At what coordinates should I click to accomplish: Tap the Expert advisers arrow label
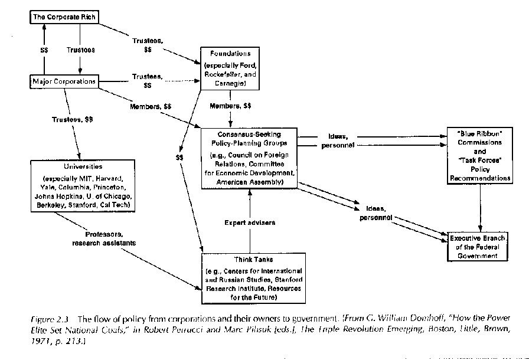250,222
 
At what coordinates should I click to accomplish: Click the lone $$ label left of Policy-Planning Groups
180,158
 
